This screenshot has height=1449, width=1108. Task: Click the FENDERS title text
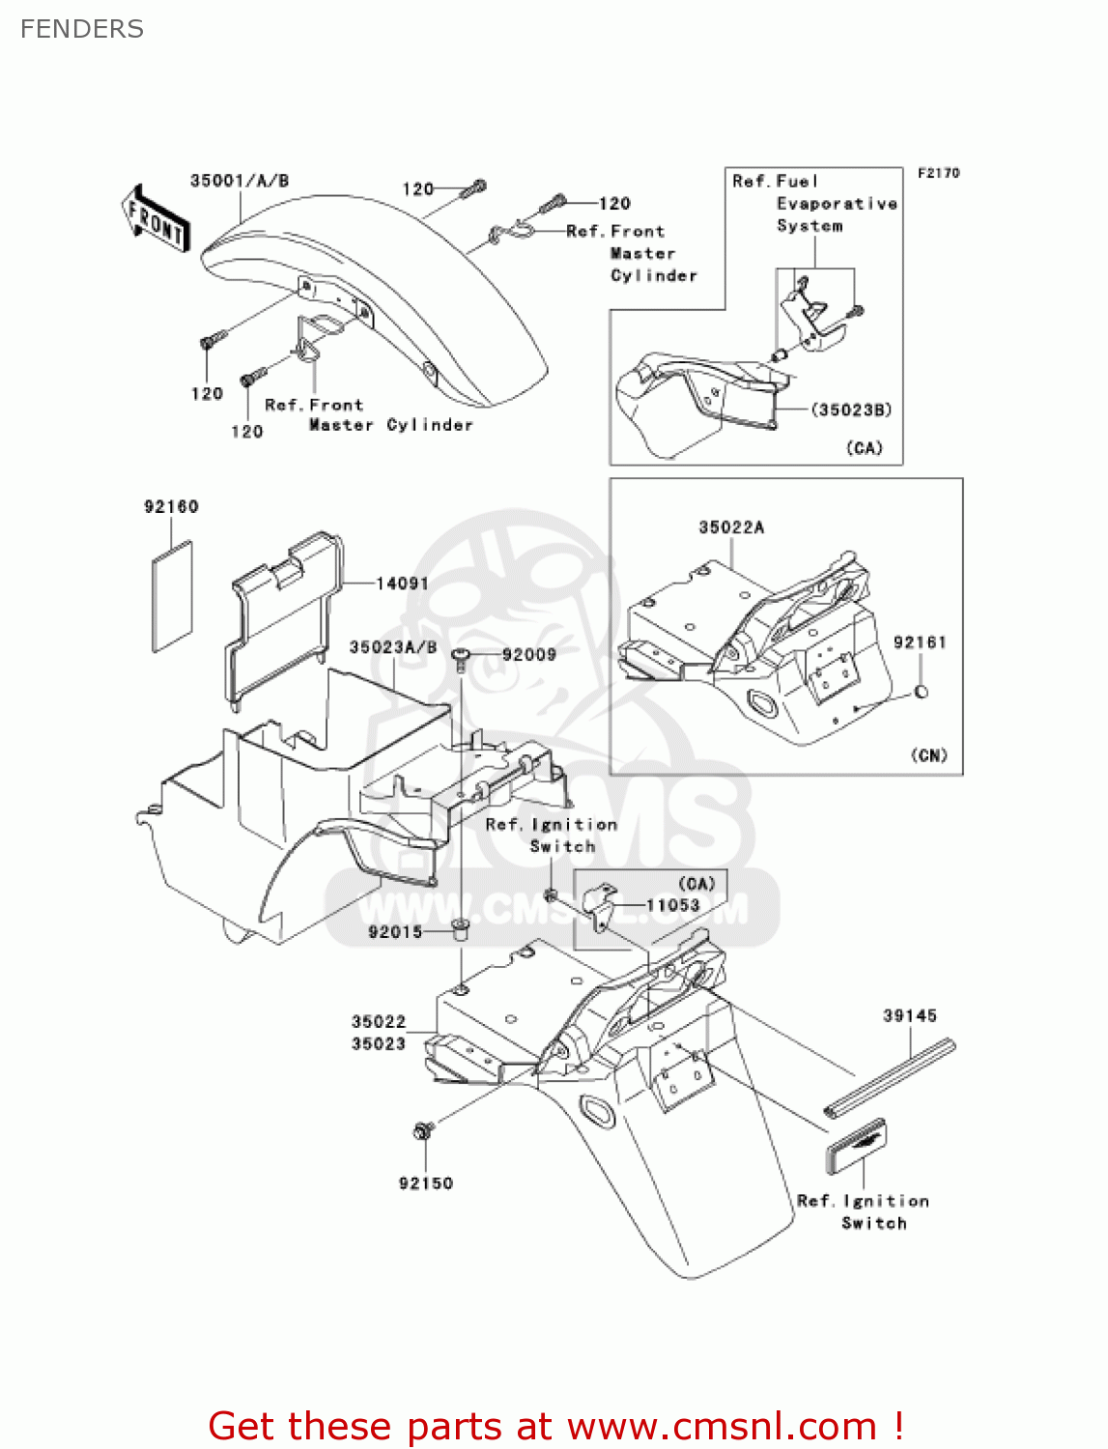click(82, 29)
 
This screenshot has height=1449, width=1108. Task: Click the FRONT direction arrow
click(156, 220)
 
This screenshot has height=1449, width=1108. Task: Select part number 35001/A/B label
click(240, 181)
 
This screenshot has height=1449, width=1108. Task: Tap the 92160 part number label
click(171, 506)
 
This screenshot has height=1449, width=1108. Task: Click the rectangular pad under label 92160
click(172, 596)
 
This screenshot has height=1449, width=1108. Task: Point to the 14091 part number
click(402, 582)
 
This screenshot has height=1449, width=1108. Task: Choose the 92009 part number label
click(529, 654)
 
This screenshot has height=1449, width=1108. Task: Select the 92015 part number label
click(395, 931)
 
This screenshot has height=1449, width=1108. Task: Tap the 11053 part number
click(672, 905)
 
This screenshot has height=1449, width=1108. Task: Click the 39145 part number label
click(910, 1015)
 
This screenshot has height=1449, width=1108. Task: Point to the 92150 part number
click(426, 1183)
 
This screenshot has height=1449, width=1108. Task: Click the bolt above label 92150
click(422, 1130)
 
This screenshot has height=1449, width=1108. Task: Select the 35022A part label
click(731, 527)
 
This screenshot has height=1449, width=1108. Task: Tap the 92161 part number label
click(920, 642)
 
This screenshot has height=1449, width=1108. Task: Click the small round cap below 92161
click(921, 692)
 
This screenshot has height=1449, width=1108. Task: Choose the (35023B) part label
click(851, 410)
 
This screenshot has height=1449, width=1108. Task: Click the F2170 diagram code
click(938, 173)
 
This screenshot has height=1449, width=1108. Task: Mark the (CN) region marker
click(929, 754)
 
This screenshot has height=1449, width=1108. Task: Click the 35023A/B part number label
click(393, 647)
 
